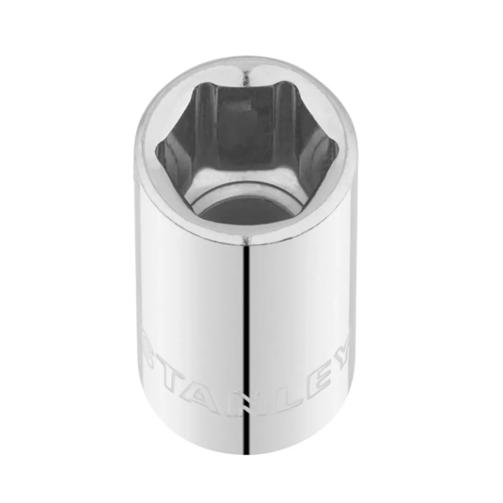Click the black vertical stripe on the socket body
point(246,350)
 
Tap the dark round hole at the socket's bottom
point(247,213)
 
